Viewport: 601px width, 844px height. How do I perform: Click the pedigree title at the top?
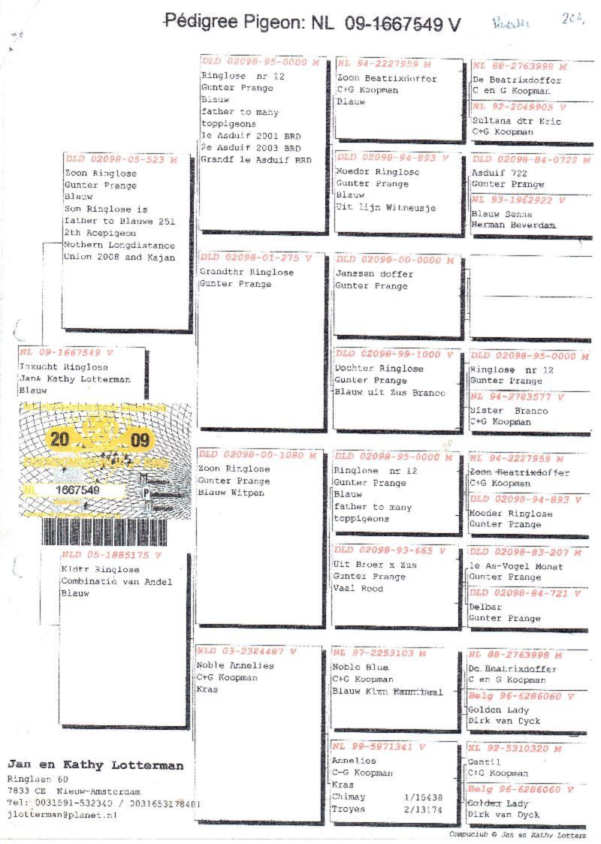click(312, 23)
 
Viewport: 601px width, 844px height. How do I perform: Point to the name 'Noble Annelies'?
click(235, 665)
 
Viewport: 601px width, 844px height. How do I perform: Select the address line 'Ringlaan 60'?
click(35, 779)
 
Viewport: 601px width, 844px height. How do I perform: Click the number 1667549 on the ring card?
click(78, 490)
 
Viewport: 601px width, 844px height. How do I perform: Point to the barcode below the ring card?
click(104, 532)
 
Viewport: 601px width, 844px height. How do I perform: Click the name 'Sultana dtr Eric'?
click(503, 119)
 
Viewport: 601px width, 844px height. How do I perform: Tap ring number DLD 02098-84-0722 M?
click(526, 159)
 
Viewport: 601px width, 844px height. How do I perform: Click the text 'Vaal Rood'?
click(358, 589)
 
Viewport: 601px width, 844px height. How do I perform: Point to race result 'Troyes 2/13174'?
click(387, 809)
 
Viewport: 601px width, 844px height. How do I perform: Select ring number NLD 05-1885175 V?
click(111, 556)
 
